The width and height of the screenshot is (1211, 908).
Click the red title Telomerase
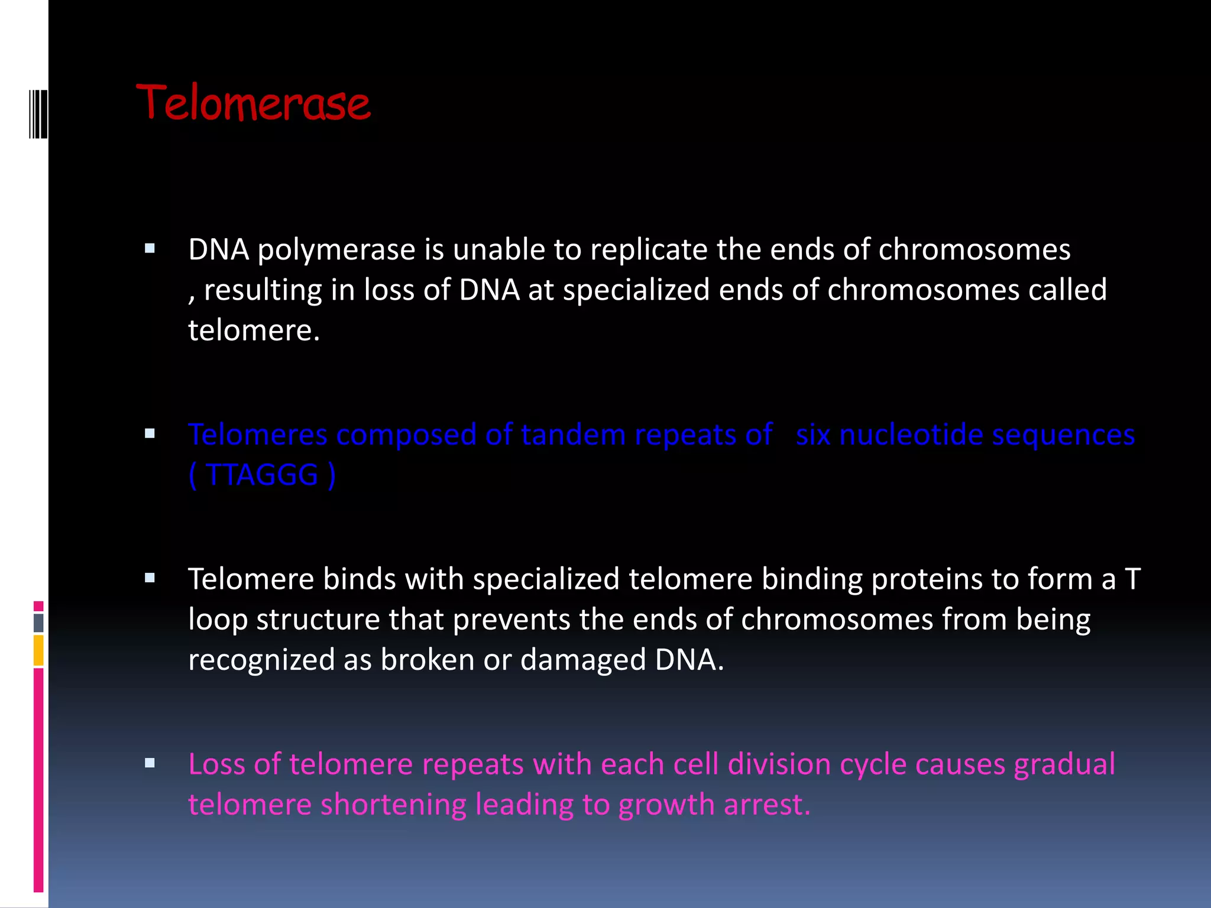point(253,104)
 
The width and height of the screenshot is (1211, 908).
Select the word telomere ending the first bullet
point(253,330)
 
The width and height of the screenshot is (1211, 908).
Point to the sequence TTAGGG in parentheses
point(261,475)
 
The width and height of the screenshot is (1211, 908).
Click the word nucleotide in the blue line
point(911,434)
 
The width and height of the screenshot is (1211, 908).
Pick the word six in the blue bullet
point(812,434)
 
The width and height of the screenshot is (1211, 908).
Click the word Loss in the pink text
point(216,764)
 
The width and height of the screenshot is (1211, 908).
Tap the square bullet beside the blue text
point(150,434)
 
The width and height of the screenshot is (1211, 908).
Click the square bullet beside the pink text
point(150,763)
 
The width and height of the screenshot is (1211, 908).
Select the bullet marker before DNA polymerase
point(150,249)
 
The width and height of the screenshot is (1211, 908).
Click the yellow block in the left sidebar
point(38,650)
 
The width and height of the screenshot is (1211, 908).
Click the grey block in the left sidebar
point(38,622)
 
